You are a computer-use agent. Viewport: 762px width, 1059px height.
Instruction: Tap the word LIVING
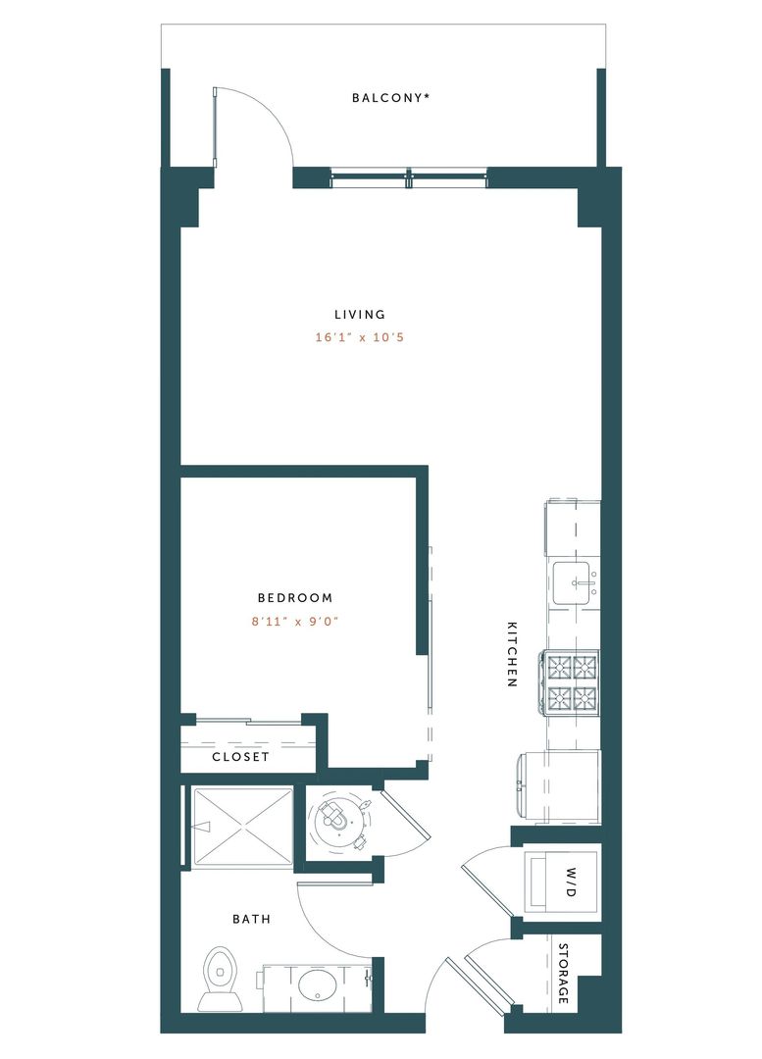point(360,315)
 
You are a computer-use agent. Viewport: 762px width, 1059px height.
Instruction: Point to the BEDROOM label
point(295,597)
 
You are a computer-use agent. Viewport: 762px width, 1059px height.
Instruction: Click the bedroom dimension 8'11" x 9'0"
point(295,621)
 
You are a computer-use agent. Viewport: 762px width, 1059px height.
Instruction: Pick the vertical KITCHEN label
point(512,653)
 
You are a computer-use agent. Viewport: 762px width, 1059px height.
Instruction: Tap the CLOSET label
point(240,758)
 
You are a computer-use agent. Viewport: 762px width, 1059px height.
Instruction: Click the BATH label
point(251,920)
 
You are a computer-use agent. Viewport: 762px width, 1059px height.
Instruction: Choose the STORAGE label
point(564,974)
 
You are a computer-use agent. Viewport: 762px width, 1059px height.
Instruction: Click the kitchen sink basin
point(574,584)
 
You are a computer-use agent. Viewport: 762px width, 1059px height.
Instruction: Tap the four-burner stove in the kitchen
point(572,682)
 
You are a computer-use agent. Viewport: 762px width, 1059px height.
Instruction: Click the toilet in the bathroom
point(220,977)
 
